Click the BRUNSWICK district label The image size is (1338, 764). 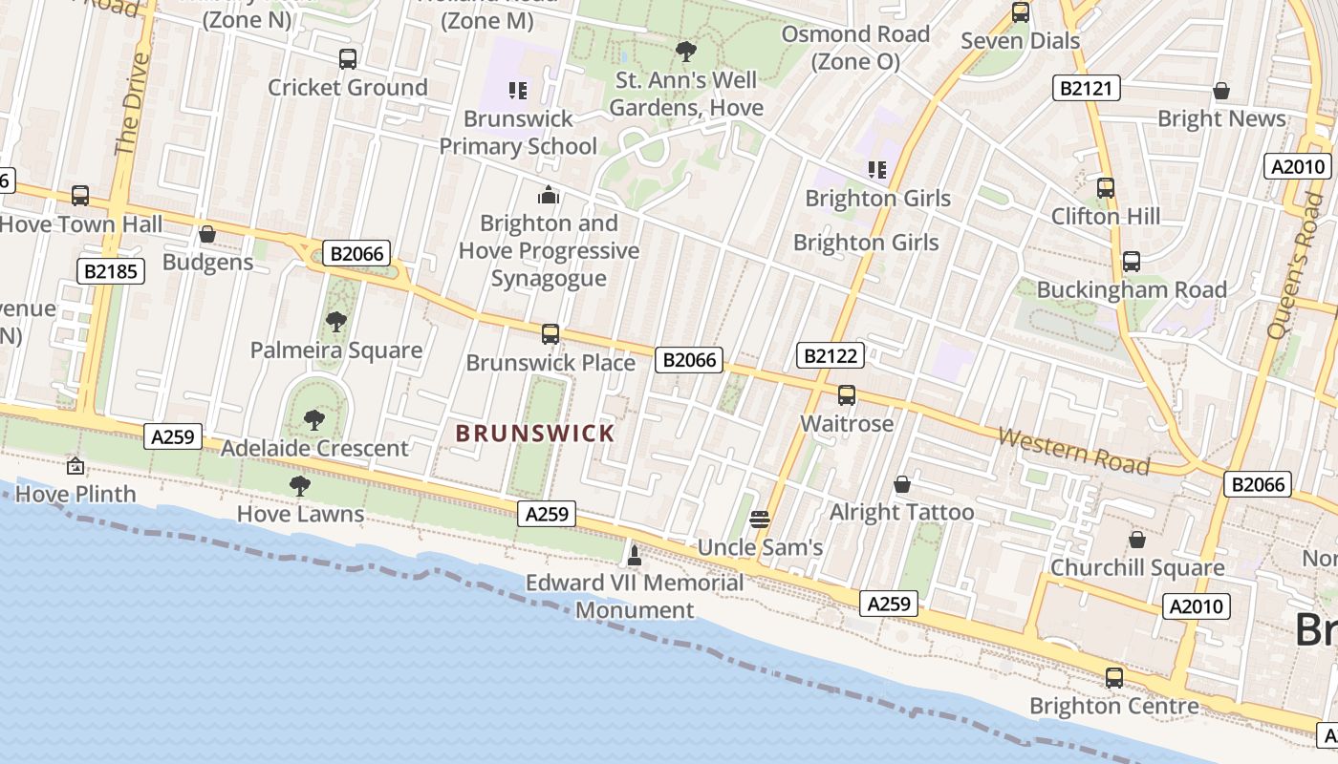tap(535, 434)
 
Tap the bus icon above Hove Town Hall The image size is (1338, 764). tap(80, 196)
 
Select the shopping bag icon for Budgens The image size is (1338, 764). tap(207, 234)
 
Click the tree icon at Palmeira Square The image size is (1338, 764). tap(335, 321)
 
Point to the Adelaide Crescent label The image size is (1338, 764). tap(314, 448)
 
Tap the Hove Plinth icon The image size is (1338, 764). tap(75, 466)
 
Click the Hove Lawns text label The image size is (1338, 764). tap(300, 514)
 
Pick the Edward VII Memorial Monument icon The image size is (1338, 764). tap(634, 554)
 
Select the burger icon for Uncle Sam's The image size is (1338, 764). tap(760, 520)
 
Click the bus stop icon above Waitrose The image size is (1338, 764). tap(847, 394)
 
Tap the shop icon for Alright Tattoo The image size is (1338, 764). tap(901, 484)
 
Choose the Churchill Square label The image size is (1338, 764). tap(1137, 567)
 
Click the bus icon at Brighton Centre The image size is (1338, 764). tap(1114, 678)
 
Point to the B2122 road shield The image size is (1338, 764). tap(831, 356)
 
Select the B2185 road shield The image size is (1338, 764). tap(111, 271)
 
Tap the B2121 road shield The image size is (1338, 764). tap(1086, 89)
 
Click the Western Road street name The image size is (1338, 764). tap(1073, 450)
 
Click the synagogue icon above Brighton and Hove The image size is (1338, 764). tap(549, 195)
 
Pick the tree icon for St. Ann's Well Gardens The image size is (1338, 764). tap(685, 52)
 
